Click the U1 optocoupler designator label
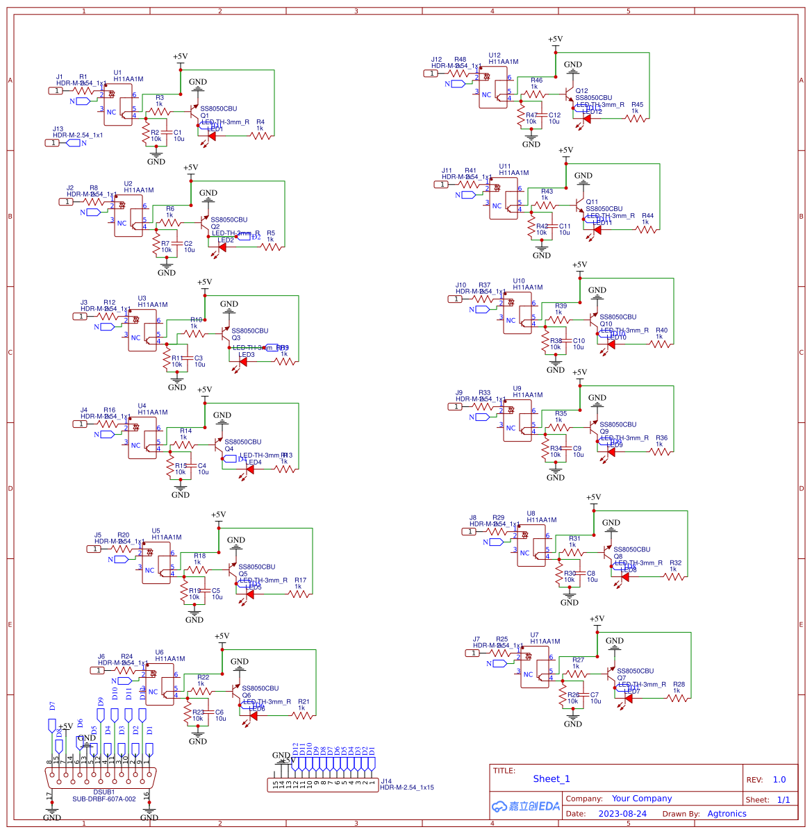point(117,73)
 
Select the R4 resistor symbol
point(260,136)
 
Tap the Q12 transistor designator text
point(581,91)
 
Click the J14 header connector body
point(322,784)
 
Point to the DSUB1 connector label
point(104,792)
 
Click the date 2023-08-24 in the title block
point(622,814)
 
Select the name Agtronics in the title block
point(727,814)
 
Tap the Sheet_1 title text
point(551,779)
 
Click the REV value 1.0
point(779,780)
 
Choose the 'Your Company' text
point(641,799)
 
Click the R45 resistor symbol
point(636,119)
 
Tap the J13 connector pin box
point(52,143)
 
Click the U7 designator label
point(534,635)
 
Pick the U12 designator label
point(494,56)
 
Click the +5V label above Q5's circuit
point(218,515)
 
